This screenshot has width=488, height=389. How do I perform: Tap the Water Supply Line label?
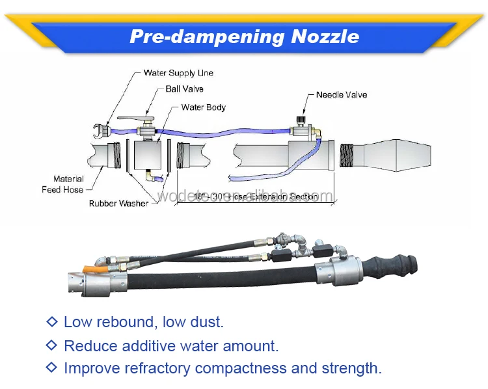[178, 73]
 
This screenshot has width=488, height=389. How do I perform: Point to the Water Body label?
[203, 107]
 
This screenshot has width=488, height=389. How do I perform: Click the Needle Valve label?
[342, 95]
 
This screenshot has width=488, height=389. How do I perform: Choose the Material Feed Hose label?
[68, 184]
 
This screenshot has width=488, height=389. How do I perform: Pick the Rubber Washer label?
[118, 204]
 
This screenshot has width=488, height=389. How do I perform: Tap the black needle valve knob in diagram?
[301, 120]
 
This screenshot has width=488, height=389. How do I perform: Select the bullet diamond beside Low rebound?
[52, 322]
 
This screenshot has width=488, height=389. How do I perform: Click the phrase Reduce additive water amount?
[171, 345]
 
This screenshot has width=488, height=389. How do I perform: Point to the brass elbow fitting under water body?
[150, 176]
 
